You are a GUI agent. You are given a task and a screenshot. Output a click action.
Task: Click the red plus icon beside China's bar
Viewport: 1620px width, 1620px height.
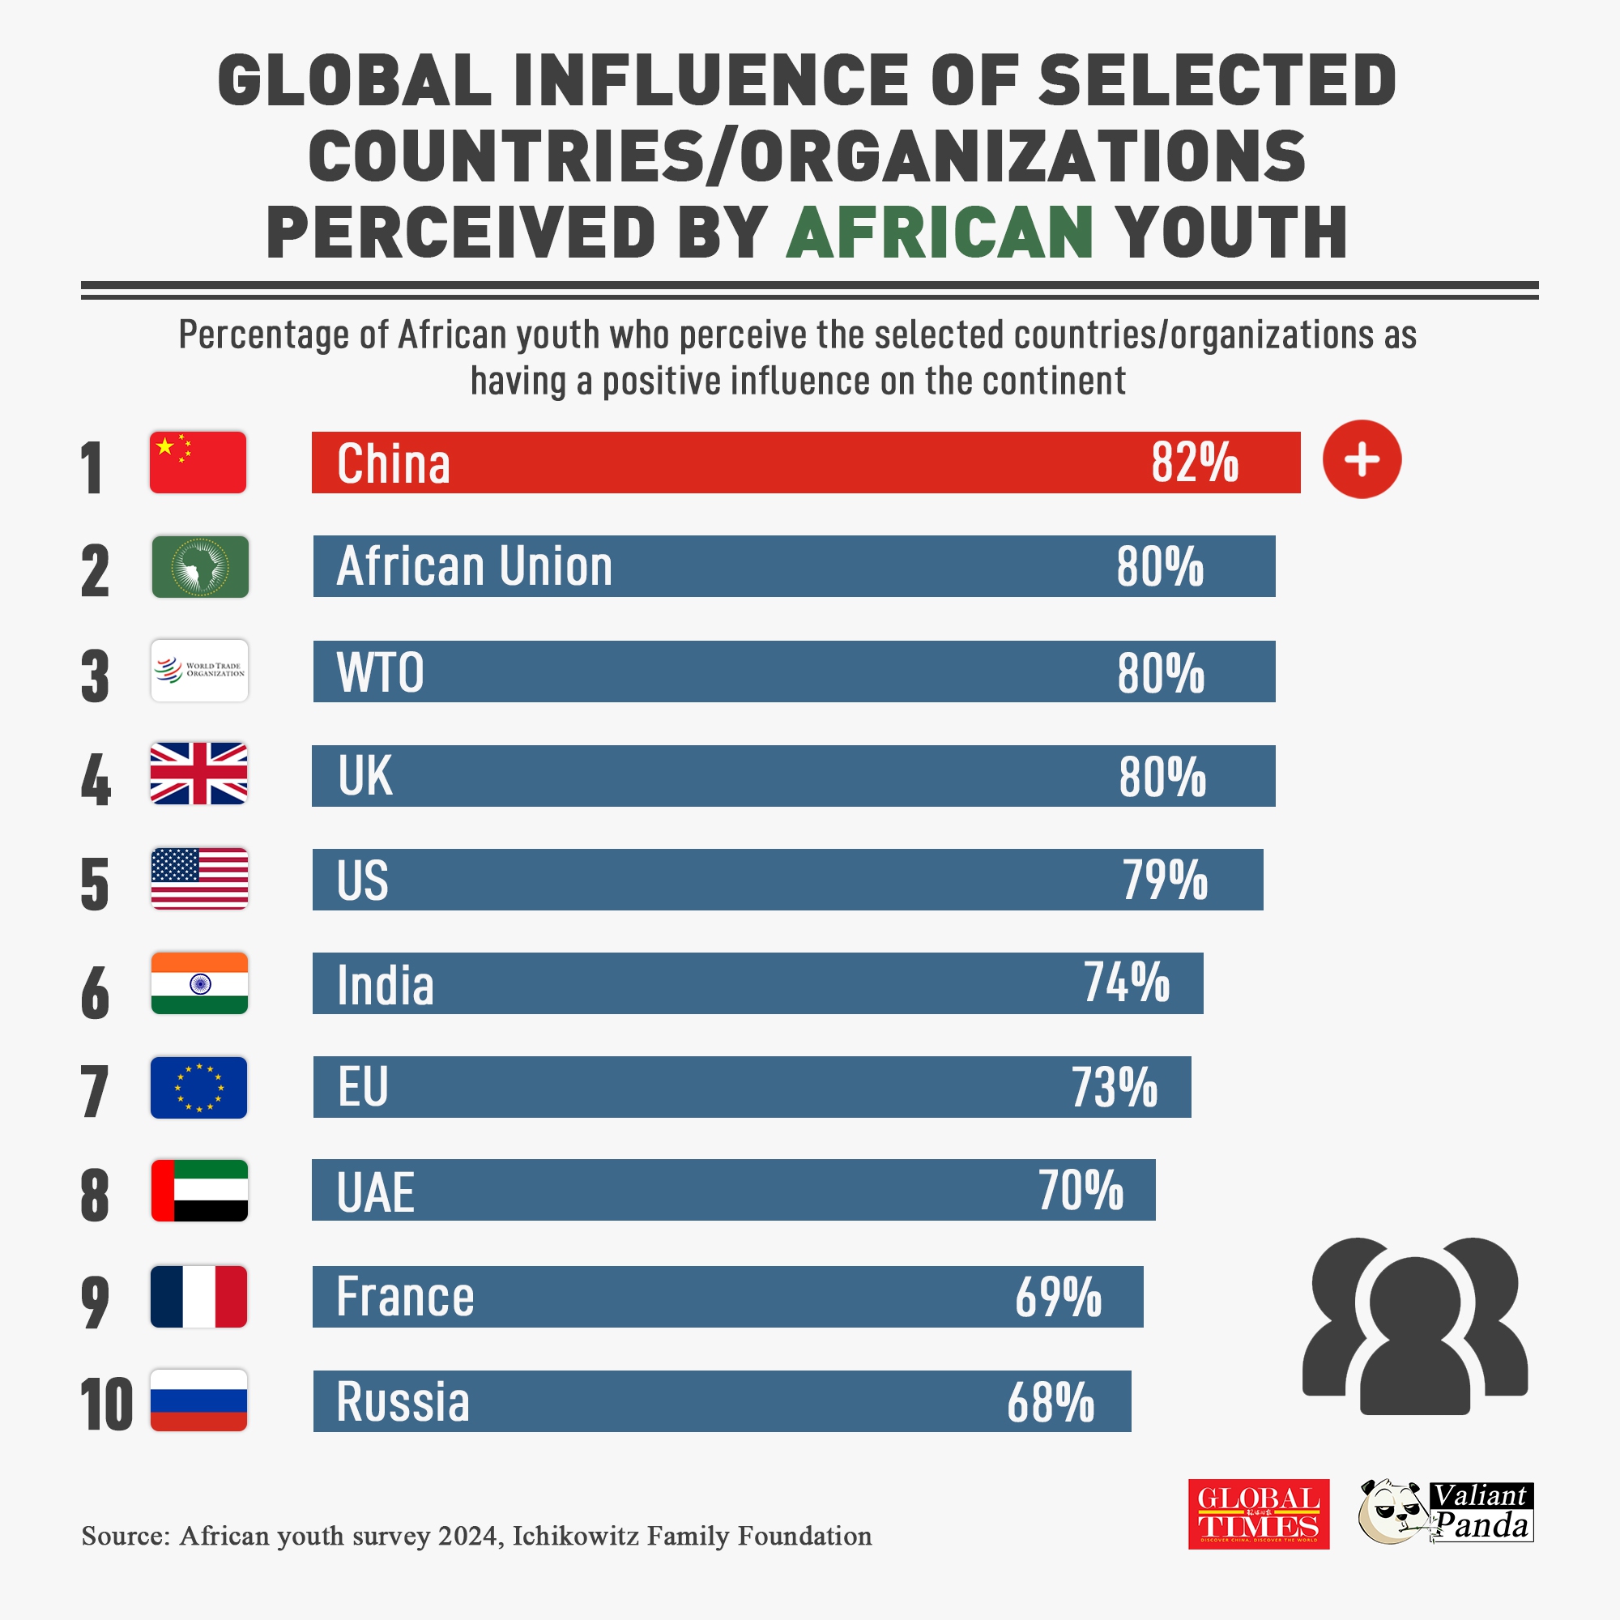[1362, 459]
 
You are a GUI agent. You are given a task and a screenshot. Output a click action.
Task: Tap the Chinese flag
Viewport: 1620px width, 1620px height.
[198, 462]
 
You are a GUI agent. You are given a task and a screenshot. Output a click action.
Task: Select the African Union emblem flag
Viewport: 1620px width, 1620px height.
[200, 567]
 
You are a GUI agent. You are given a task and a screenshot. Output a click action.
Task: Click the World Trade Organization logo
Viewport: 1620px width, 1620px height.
[199, 671]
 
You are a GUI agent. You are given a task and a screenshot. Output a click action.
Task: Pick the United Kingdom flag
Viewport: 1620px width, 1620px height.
[198, 774]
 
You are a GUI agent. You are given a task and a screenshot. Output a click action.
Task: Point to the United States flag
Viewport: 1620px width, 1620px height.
[199, 879]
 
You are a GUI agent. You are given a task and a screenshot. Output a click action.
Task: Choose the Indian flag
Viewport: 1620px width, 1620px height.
[199, 983]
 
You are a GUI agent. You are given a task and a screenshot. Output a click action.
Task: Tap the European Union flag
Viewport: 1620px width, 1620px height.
[198, 1088]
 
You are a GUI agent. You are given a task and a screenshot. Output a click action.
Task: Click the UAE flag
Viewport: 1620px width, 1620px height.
[199, 1191]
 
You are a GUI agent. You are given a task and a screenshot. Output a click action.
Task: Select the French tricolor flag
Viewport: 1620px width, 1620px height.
[198, 1296]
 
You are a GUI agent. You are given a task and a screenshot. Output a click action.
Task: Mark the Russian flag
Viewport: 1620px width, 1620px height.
[198, 1400]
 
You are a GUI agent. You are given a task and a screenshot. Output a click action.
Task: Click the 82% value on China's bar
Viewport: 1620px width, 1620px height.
[1194, 462]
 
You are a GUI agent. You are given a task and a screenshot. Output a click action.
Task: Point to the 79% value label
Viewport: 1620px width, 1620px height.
[1166, 880]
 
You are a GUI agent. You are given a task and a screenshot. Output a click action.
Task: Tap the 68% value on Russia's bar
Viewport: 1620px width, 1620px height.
[1051, 1402]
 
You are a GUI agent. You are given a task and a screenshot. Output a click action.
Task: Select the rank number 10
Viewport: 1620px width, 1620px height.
[106, 1405]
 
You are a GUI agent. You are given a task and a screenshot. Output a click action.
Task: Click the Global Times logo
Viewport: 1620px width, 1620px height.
[1259, 1515]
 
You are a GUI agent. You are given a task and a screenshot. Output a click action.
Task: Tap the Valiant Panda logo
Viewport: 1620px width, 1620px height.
[1446, 1512]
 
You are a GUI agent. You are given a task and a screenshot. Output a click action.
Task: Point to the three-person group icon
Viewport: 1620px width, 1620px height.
[1414, 1328]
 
